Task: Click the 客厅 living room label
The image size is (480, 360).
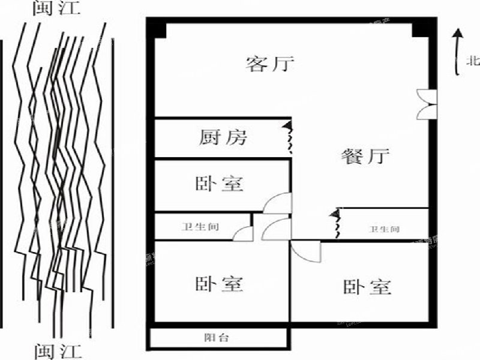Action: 270,64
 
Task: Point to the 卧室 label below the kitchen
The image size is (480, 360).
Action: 219,184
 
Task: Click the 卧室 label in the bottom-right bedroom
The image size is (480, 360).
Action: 367,287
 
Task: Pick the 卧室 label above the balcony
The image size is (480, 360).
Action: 219,283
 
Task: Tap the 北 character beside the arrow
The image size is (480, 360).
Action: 473,60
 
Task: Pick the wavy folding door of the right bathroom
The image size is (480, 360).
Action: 337,223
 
